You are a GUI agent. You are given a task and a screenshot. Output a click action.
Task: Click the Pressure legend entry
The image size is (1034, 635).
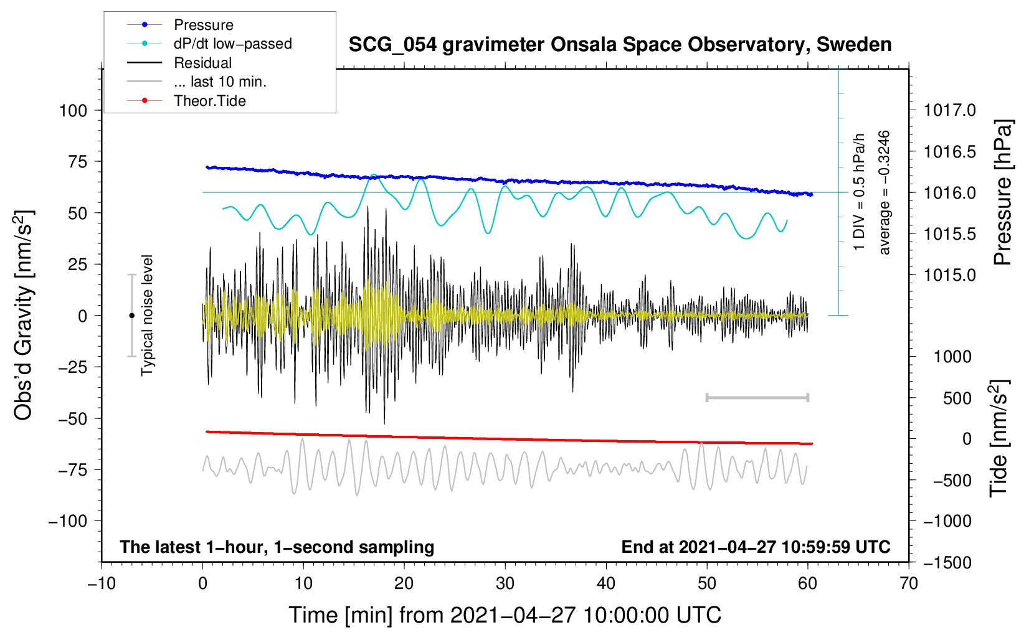click(203, 25)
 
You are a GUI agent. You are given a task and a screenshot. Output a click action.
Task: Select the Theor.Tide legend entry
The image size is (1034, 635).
click(209, 101)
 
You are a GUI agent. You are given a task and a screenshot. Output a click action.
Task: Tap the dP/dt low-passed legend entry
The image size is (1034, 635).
click(232, 44)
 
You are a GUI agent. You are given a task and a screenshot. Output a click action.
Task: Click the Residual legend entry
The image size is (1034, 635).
click(202, 63)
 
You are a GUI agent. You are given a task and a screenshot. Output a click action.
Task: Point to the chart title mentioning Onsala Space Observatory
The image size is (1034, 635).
click(620, 45)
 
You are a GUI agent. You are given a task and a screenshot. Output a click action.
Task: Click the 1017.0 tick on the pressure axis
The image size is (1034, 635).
click(950, 110)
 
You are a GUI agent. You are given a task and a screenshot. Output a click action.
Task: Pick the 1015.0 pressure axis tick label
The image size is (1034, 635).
click(950, 275)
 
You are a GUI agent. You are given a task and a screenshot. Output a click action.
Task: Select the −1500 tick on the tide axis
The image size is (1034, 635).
click(947, 562)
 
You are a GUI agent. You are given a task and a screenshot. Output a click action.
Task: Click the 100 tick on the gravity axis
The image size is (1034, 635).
click(73, 111)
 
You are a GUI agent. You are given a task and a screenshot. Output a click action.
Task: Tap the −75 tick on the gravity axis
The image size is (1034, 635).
click(73, 469)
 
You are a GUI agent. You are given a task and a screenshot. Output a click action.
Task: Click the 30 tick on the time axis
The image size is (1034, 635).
click(505, 583)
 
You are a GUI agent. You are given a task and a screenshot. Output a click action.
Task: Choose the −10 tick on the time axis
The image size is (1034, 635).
click(102, 583)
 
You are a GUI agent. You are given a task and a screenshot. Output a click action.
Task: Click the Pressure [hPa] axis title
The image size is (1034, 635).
click(1002, 192)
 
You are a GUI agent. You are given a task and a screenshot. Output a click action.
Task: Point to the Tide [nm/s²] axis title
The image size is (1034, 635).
click(998, 438)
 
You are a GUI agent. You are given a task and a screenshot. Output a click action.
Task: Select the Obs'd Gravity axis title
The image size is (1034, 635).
click(24, 315)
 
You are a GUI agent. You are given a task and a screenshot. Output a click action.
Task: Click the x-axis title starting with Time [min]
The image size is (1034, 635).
click(505, 615)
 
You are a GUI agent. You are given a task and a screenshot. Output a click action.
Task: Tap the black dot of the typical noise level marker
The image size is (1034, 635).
click(131, 316)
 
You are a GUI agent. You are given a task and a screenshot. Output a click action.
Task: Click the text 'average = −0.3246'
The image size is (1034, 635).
click(885, 192)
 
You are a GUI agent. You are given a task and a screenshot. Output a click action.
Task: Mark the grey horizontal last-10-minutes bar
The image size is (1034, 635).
click(757, 397)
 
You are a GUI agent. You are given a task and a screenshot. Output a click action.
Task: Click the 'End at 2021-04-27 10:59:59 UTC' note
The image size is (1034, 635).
click(756, 547)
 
